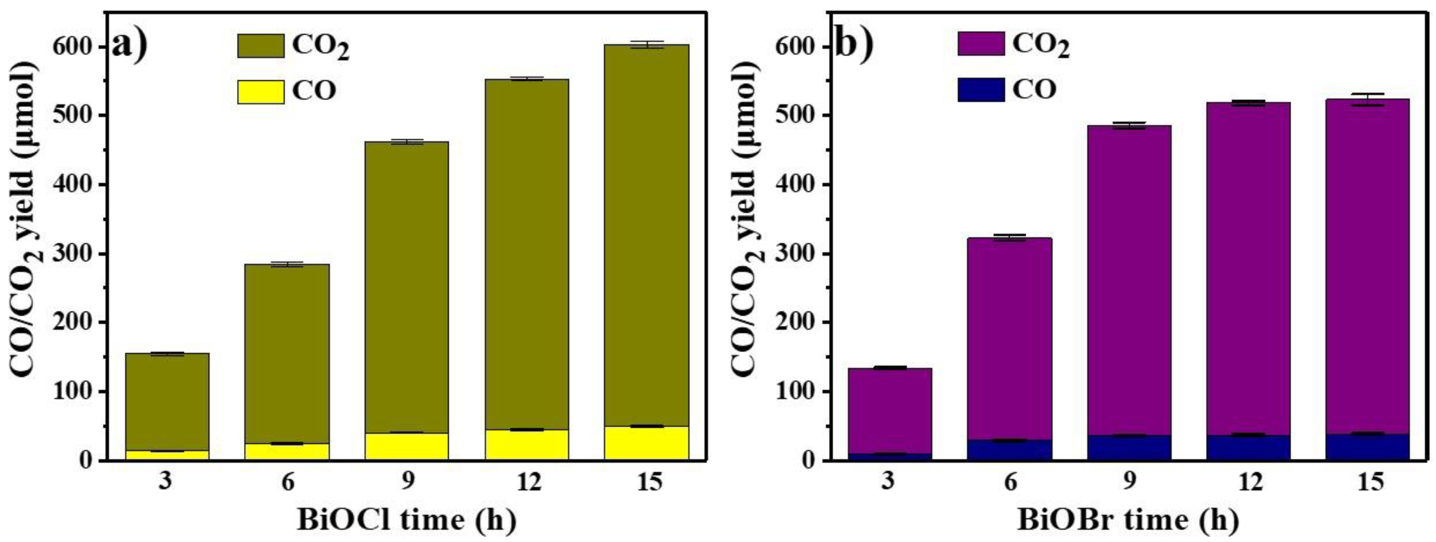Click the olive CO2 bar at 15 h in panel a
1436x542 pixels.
[x=646, y=234]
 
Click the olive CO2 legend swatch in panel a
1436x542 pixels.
[x=260, y=46]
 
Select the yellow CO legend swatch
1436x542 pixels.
[x=260, y=91]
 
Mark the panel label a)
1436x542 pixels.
[x=130, y=45]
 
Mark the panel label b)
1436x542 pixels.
[x=853, y=45]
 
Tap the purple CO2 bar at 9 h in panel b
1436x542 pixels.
[x=1129, y=279]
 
